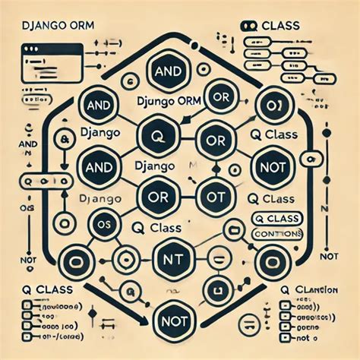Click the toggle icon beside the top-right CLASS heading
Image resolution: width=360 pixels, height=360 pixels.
coord(248,25)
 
